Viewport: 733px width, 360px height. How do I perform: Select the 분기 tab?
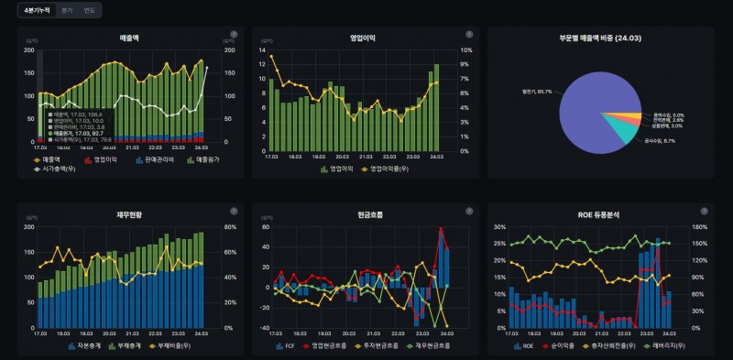coord(67,10)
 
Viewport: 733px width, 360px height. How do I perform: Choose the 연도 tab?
coord(89,10)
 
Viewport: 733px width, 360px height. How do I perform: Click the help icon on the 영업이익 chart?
coord(467,34)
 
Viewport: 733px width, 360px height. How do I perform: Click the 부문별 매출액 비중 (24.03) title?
coord(600,38)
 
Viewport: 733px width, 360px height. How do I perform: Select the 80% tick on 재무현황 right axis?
coord(233,227)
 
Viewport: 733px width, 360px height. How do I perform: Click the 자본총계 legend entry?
coord(82,346)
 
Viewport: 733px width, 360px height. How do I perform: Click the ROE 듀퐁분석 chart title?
coord(599,215)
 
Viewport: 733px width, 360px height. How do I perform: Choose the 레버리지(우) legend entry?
coord(670,346)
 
